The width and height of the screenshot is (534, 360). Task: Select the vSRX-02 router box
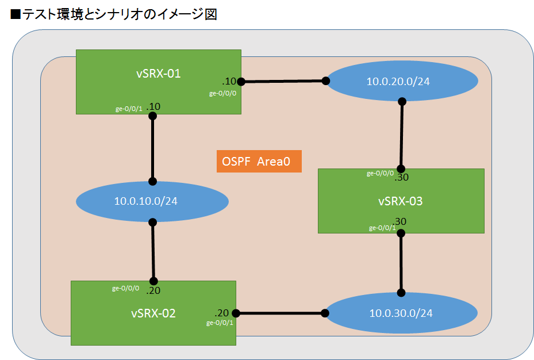coord(153,313)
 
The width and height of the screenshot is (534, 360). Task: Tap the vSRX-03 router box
coord(401,201)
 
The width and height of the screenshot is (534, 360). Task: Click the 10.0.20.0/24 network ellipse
coord(398,81)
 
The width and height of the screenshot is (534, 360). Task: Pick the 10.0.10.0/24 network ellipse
coord(152,201)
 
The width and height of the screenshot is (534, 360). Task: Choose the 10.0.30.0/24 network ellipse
coord(401,313)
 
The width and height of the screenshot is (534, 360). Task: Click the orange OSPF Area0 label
coord(259,161)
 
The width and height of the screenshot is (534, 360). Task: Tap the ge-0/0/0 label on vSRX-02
coord(125,288)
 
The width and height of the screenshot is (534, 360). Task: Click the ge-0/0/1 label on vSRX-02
coord(220,323)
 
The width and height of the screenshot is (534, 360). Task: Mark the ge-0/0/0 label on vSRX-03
coord(381,173)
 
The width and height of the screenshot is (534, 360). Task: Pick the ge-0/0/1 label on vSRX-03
coord(382,228)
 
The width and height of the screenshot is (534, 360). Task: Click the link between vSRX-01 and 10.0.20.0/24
coord(283,81)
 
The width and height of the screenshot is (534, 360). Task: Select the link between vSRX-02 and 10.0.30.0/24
coord(280,313)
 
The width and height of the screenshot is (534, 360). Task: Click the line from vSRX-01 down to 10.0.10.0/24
coord(153,148)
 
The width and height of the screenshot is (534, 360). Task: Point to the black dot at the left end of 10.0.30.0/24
coord(325,313)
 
